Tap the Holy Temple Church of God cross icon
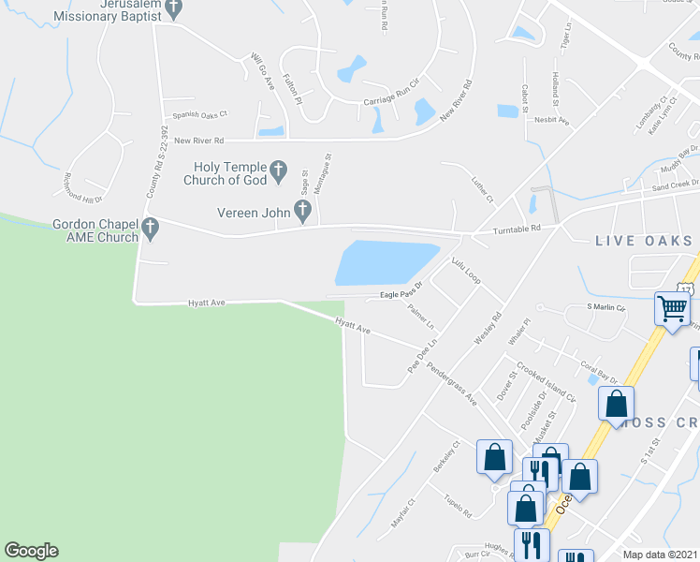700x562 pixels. [x=278, y=171]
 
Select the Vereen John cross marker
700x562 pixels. [x=302, y=212]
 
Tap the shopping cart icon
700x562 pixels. [x=673, y=307]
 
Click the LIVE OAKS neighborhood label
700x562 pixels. [x=644, y=241]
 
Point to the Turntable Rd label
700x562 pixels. [x=509, y=229]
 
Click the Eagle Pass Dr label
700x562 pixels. [x=401, y=294]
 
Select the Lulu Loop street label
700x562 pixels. [x=465, y=271]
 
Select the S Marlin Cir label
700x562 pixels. [x=605, y=306]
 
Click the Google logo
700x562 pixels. [x=31, y=551]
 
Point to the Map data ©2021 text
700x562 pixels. [x=661, y=555]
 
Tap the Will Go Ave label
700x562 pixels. [x=262, y=72]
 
